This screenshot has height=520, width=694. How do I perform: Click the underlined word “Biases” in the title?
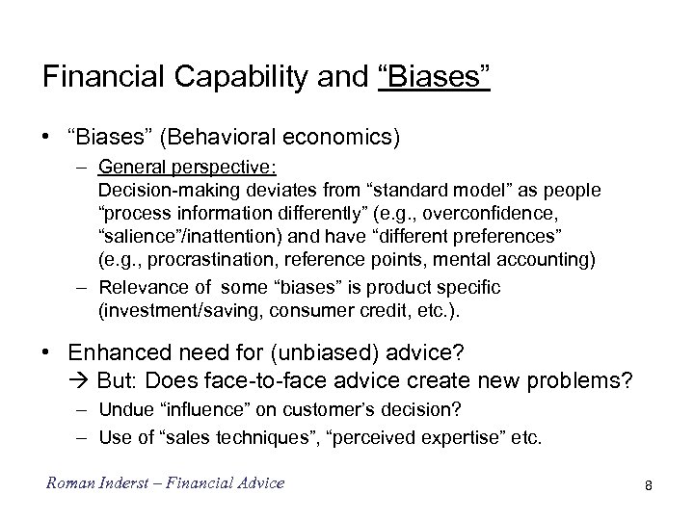436,77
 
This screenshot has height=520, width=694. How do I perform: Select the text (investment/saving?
167,309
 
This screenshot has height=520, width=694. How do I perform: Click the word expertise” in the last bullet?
463,438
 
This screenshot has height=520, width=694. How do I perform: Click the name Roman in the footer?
68,482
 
